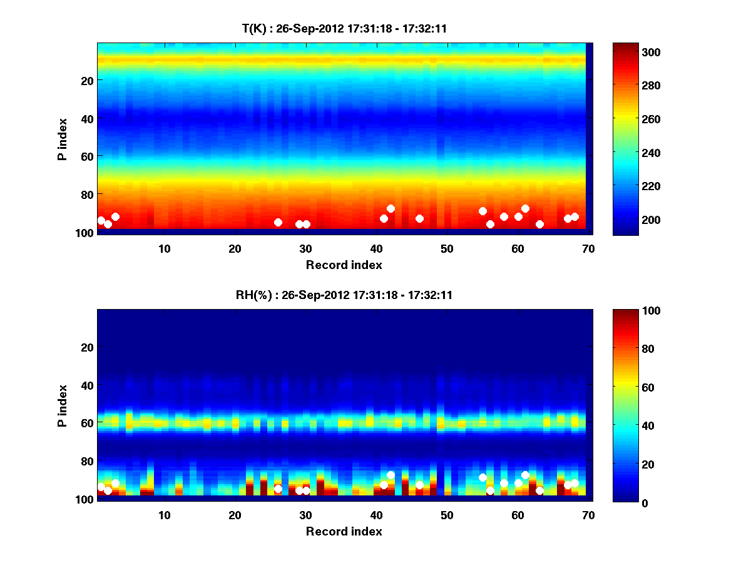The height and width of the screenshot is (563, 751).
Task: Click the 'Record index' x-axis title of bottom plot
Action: click(x=344, y=531)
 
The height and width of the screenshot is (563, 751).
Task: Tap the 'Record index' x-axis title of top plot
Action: click(x=344, y=265)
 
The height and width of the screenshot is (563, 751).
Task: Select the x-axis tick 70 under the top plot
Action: click(x=588, y=248)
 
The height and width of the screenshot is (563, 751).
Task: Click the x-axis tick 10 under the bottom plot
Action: click(x=164, y=515)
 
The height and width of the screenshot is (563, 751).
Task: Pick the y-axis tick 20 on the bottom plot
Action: click(x=87, y=347)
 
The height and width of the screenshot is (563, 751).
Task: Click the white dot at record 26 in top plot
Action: click(x=278, y=222)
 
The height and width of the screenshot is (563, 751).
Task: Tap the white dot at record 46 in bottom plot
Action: click(x=419, y=485)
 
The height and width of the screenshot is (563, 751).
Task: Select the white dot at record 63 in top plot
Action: click(x=539, y=224)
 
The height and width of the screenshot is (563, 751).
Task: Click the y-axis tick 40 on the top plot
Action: click(x=87, y=118)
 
